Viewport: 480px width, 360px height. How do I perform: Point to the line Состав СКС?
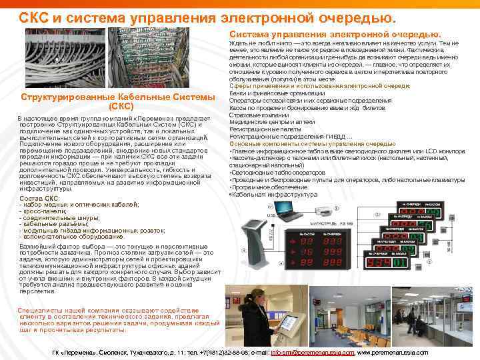(x=40, y=199)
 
